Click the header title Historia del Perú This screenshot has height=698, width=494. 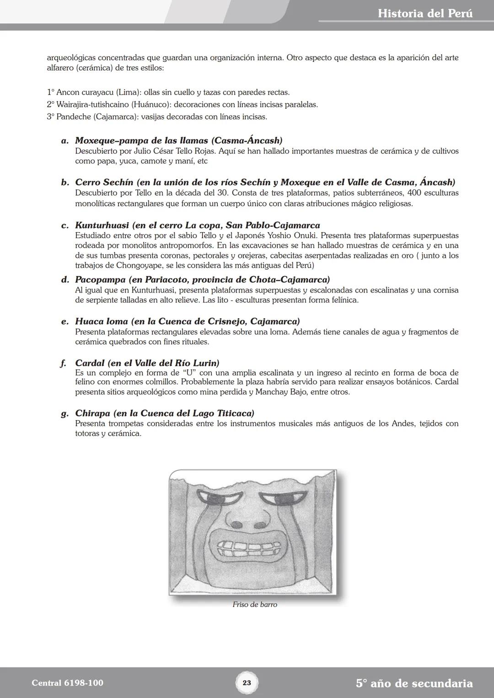tap(425, 13)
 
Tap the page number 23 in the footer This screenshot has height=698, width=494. tap(247, 683)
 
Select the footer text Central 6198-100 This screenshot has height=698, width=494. tap(68, 683)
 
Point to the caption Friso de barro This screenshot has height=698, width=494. tap(255, 604)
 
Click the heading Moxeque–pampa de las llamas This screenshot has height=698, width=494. tap(178, 140)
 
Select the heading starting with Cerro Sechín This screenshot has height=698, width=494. tap(265, 182)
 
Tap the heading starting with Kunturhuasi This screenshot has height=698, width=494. tap(197, 225)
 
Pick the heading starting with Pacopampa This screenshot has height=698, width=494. tap(202, 279)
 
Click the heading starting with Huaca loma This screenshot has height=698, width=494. tap(187, 321)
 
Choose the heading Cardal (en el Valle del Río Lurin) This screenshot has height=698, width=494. tap(147, 363)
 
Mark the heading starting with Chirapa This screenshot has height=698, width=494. tap(164, 413)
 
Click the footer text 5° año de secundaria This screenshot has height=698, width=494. tap(414, 683)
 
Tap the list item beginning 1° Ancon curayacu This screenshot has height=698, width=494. tap(168, 92)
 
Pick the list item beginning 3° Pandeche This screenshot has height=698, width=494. tap(157, 117)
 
